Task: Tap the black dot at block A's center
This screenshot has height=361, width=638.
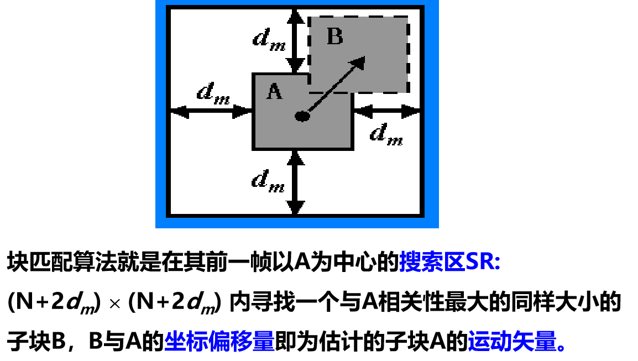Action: coord(301,116)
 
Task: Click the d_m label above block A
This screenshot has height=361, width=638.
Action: coord(269,39)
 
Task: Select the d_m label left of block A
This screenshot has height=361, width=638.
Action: coord(213,92)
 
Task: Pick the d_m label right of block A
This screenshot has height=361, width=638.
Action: coord(386,133)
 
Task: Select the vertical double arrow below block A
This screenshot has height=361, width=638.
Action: coord(297,182)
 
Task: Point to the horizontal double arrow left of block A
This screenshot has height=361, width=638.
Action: coord(211,112)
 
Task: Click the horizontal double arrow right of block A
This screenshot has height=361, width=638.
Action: coord(386,112)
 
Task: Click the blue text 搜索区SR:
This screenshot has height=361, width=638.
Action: coord(449,261)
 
